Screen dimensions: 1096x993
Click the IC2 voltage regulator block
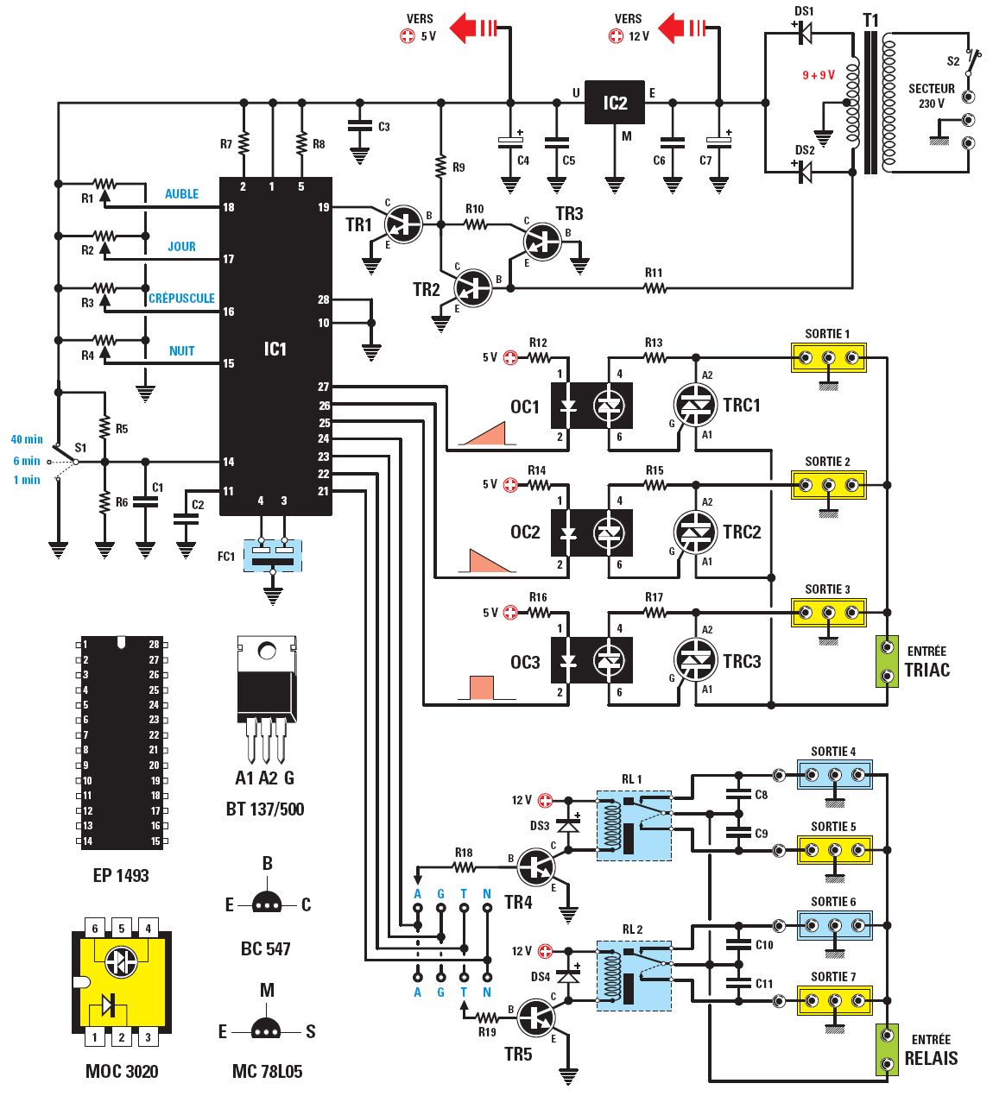click(615, 103)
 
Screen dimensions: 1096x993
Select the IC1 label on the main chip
click(275, 349)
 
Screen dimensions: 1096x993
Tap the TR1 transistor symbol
click(402, 224)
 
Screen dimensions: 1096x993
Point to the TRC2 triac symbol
click(695, 532)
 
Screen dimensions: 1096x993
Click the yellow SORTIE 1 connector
click(828, 357)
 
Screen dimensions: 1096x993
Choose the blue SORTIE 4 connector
click(834, 775)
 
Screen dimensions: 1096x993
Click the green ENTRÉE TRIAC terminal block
click(887, 661)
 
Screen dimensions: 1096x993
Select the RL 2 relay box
click(634, 974)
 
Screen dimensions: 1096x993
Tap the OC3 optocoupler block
click(591, 661)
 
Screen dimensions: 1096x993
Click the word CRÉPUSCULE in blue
click(181, 299)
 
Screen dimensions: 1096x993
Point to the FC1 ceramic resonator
click(273, 555)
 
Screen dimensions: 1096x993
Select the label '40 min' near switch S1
click(27, 439)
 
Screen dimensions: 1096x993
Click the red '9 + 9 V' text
click(818, 75)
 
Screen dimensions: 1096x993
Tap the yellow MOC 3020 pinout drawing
click(121, 982)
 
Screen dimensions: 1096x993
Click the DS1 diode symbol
click(805, 31)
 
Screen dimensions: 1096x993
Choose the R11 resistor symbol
click(655, 288)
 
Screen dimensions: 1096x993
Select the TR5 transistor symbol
click(536, 1017)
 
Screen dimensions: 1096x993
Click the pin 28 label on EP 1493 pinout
click(154, 645)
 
